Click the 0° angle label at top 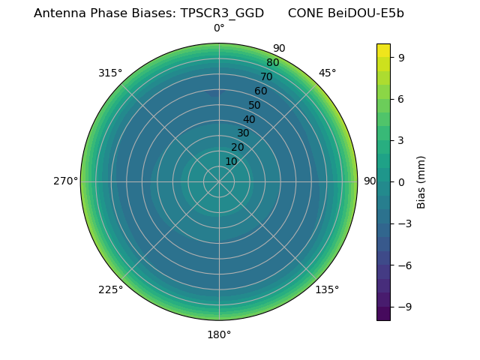pyautogui.click(x=219, y=28)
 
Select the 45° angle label pyautogui.click(x=327, y=73)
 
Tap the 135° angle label pyautogui.click(x=327, y=289)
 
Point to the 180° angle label pyautogui.click(x=219, y=334)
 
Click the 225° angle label pyautogui.click(x=110, y=289)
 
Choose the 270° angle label pyautogui.click(x=65, y=181)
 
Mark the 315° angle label pyautogui.click(x=110, y=73)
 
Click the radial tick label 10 pyautogui.click(x=231, y=162)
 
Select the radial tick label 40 pyautogui.click(x=249, y=119)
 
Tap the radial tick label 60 pyautogui.click(x=260, y=91)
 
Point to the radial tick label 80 pyautogui.click(x=272, y=63)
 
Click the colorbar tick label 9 pyautogui.click(x=401, y=57)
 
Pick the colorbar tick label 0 pyautogui.click(x=401, y=181)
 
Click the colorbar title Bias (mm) pyautogui.click(x=421, y=181)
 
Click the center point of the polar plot pyautogui.click(x=219, y=181)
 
